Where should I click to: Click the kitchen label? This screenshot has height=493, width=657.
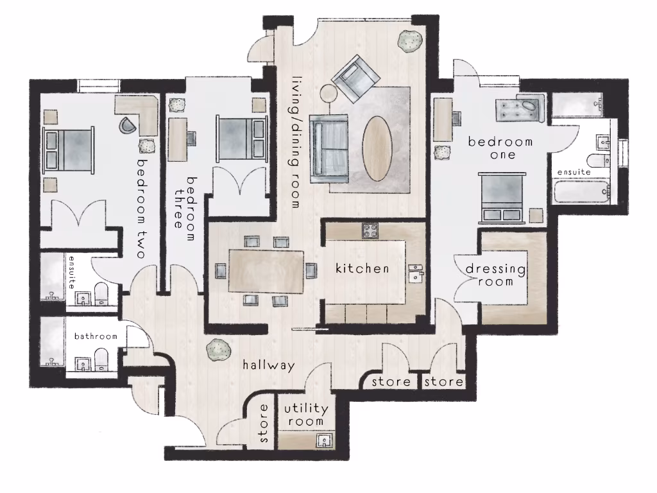[x=363, y=268]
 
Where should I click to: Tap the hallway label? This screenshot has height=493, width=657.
[x=269, y=365]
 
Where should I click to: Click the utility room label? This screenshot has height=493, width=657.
[x=306, y=415]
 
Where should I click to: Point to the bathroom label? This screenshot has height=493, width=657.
[x=96, y=336]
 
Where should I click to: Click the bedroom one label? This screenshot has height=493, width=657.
[x=500, y=148]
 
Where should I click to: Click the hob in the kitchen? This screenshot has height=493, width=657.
[x=370, y=230]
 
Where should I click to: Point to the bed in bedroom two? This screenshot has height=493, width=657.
[x=68, y=148]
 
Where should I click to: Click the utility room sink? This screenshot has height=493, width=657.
[x=325, y=441]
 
